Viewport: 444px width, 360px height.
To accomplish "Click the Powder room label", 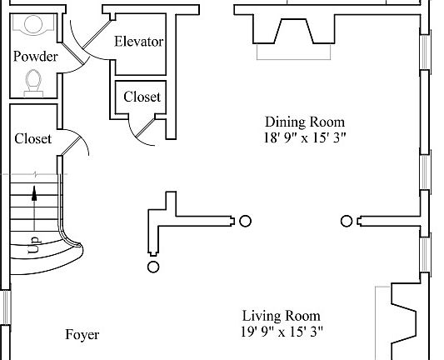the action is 36,57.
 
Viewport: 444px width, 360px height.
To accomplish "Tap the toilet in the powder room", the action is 33,83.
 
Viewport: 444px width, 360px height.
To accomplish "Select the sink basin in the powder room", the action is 33,24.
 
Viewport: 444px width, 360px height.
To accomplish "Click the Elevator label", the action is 139,42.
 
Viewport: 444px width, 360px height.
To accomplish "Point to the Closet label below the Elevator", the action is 142,97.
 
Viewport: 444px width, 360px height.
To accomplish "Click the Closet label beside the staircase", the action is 33,138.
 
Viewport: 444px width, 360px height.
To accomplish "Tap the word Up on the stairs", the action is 34,245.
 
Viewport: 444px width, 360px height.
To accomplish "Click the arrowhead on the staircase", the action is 34,193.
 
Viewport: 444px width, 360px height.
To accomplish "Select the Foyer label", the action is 82,335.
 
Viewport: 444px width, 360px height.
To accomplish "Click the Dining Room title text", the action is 305,122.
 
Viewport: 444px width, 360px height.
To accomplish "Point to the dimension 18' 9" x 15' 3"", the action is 305,138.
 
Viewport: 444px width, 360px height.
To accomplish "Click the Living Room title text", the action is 282,316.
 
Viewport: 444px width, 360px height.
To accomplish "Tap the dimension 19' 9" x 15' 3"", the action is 282,332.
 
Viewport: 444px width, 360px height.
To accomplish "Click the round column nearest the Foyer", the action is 153,267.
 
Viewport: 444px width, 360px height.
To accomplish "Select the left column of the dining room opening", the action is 245,221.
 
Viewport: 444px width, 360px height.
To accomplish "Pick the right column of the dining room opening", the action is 347,221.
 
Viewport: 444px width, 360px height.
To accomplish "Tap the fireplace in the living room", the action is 402,322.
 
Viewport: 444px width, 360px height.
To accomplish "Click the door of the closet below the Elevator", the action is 146,127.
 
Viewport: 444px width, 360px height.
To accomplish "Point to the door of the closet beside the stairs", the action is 71,146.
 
